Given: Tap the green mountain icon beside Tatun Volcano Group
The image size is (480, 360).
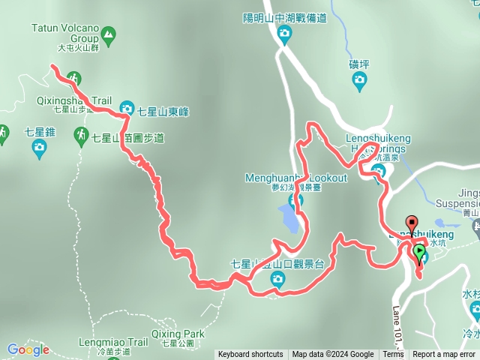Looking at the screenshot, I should (109, 34).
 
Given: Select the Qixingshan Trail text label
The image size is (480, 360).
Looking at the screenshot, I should (73, 100).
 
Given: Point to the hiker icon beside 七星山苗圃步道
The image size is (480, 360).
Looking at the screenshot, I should (81, 135).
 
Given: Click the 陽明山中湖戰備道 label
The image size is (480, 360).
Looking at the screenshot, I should (284, 18).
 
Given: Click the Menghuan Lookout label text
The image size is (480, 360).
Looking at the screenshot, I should (296, 178).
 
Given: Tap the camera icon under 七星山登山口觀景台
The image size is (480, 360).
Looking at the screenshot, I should (277, 280).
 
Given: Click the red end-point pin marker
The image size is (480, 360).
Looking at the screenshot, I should (411, 223).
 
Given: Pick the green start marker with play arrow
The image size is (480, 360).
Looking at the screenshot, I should (418, 253).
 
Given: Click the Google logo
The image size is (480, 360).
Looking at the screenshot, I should (28, 349).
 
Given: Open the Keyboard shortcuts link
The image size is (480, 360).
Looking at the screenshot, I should (250, 355).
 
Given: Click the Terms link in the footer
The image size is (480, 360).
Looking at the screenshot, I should (392, 355).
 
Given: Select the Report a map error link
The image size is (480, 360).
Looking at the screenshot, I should (444, 355).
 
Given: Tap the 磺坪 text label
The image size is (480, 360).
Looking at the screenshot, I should (359, 64).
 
